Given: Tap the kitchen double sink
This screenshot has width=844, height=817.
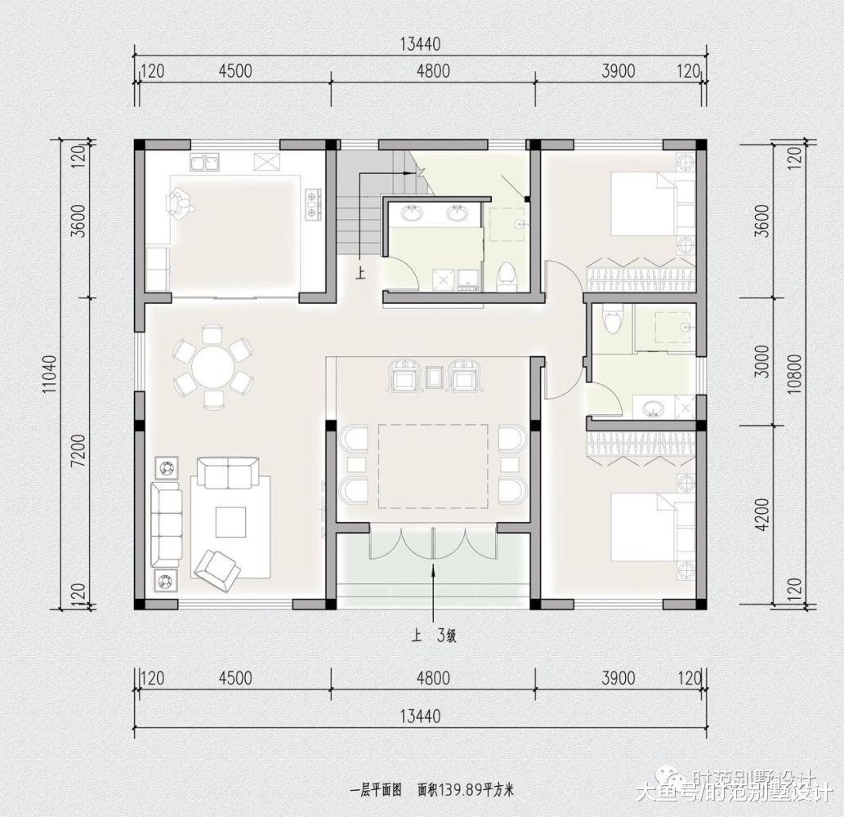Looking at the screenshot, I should click(206, 163).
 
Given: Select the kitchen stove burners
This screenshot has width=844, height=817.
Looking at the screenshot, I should click(312, 204).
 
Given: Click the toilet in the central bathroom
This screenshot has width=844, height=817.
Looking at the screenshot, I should click(507, 276).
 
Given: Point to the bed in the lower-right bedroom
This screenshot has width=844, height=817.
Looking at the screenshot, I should click(645, 527).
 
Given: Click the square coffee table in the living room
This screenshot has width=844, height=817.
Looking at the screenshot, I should click(230, 521).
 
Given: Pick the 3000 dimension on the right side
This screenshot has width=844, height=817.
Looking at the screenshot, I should click(761, 360).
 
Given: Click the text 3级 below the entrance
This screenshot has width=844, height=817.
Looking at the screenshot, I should click(447, 636).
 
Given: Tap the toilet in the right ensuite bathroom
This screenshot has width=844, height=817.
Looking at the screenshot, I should click(612, 319).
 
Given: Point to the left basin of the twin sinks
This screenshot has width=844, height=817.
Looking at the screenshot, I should click(411, 214).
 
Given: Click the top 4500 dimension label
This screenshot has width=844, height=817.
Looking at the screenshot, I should click(235, 71).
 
